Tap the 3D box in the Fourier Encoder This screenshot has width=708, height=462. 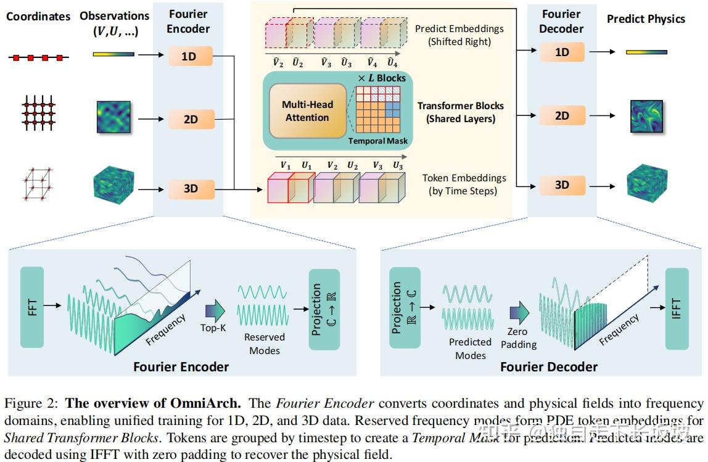(x=190, y=189)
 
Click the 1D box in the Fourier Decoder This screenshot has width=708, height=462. (x=562, y=52)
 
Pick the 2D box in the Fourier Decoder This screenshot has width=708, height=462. (x=562, y=115)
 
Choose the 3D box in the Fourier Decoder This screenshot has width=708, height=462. (x=562, y=184)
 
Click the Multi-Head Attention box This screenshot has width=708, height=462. (x=307, y=111)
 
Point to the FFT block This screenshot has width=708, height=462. (x=32, y=307)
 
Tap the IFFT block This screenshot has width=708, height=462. (x=677, y=308)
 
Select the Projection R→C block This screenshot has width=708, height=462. (x=405, y=308)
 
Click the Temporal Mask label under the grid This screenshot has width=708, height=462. (x=378, y=141)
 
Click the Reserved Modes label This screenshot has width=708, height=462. (x=265, y=344)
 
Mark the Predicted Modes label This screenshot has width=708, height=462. (x=470, y=349)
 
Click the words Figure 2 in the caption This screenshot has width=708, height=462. (x=32, y=404)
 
